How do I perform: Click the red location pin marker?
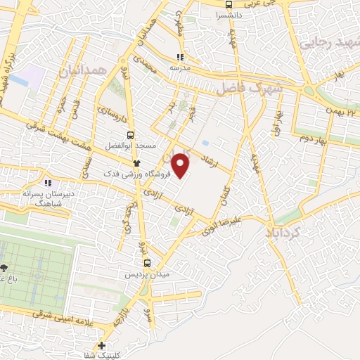point(181,165)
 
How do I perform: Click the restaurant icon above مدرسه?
point(180,58)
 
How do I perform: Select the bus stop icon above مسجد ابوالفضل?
point(129,135)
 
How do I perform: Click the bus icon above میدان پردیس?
point(147,263)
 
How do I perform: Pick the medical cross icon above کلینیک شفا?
point(103,345)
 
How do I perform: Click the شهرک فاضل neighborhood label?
point(249,89)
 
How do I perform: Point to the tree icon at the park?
point(5,269)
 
